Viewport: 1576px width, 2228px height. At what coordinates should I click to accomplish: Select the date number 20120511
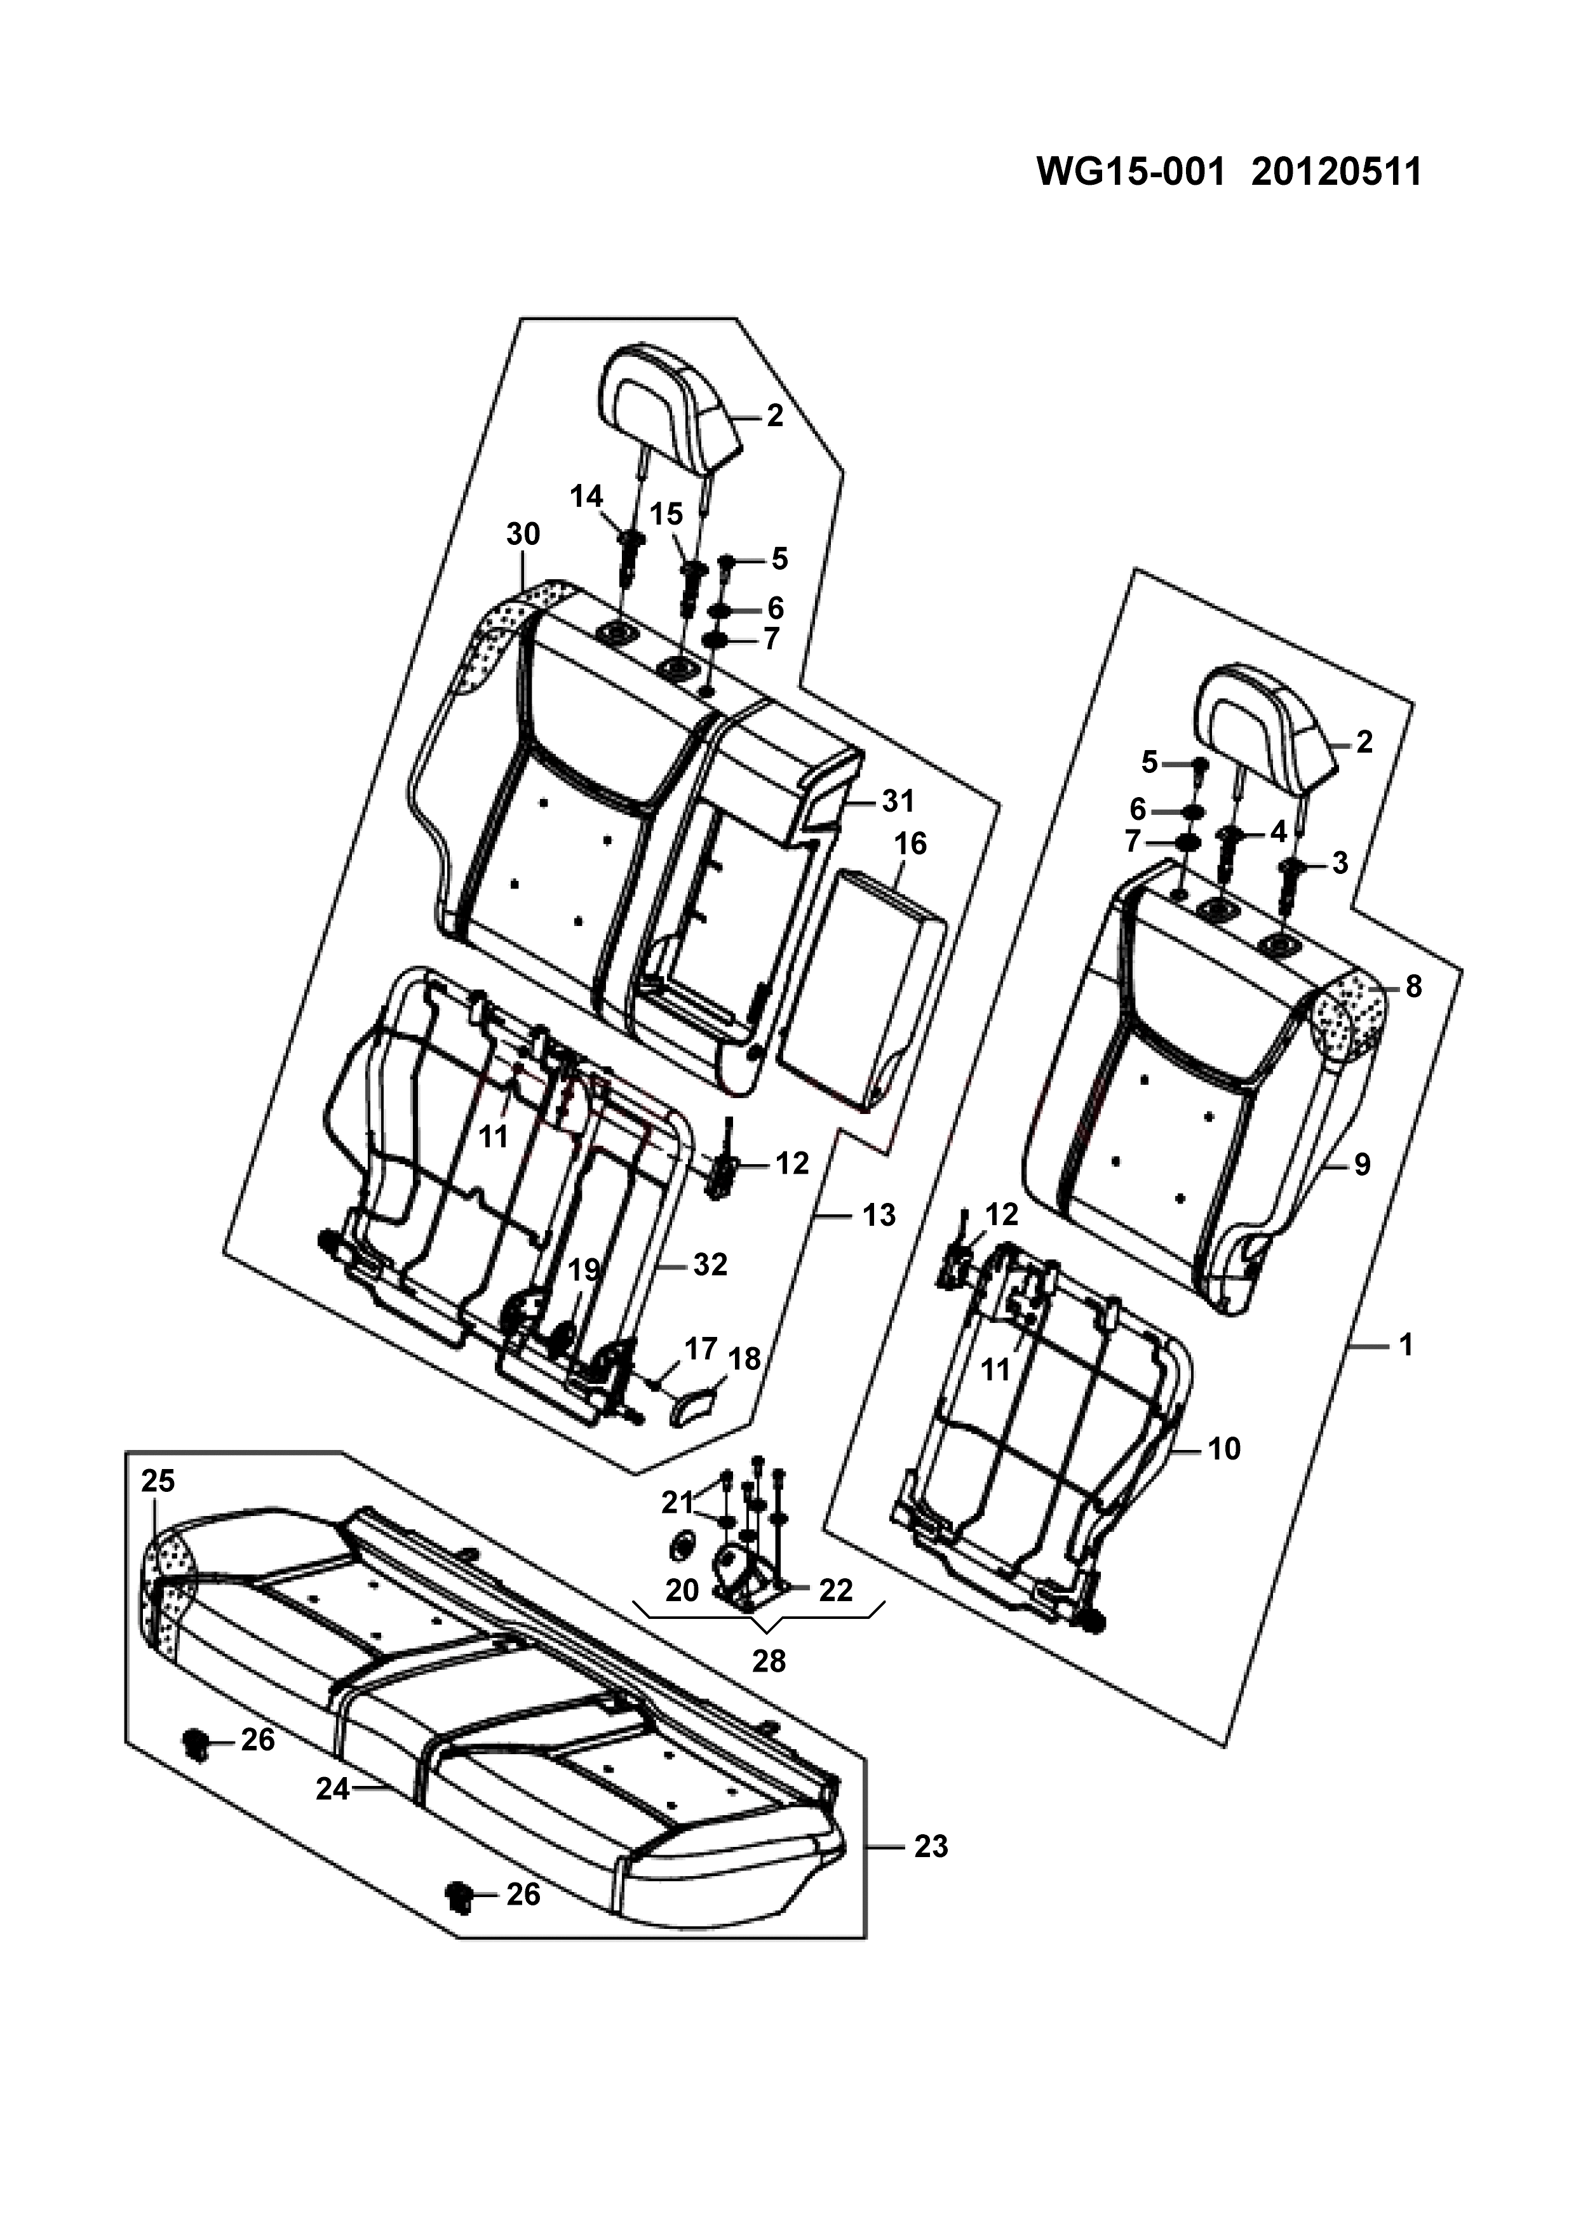pos(1337,171)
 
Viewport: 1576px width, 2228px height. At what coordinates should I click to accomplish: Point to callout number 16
pos(910,843)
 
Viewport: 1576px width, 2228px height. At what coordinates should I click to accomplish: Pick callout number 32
pos(710,1265)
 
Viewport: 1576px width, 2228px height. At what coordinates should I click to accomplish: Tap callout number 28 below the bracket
pos(769,1661)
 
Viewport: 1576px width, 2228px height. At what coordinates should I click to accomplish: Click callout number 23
pos(931,1847)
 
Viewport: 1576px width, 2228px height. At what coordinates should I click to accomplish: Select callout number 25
pos(158,1481)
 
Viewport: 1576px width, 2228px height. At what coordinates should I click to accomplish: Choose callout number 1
pos(1405,1345)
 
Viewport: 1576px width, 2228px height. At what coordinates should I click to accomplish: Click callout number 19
pos(584,1269)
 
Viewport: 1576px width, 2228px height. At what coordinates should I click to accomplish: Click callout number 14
pos(586,496)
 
